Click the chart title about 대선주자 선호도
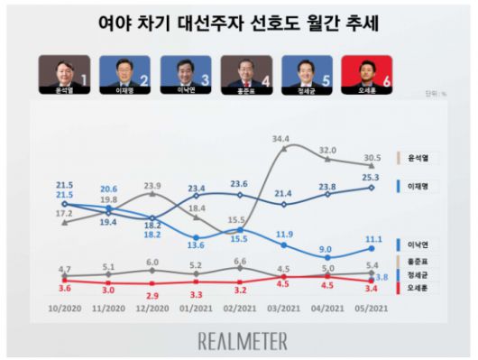238,25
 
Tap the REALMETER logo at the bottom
242,340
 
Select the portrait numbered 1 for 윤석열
65,75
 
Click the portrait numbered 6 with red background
370,75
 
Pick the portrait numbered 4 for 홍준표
248,75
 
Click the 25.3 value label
370,178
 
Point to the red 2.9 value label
152,296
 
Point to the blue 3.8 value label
381,277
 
